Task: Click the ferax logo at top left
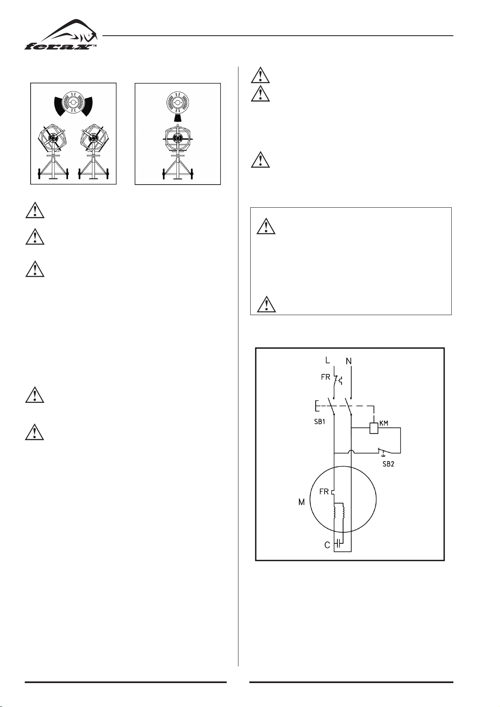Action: (61, 35)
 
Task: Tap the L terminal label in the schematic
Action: (327, 360)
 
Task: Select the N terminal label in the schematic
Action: (349, 361)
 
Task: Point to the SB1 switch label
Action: (319, 422)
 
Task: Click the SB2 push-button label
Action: (388, 464)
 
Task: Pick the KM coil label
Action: (384, 423)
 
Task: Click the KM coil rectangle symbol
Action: (374, 428)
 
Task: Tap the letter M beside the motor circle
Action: (302, 502)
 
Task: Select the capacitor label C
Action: (327, 545)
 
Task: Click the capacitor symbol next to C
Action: (338, 543)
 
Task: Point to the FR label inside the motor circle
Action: (324, 491)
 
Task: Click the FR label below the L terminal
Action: (325, 377)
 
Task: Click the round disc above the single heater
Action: (178, 103)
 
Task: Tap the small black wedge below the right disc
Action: (178, 118)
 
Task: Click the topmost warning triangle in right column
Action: (260, 75)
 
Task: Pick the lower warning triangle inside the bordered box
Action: (266, 304)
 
